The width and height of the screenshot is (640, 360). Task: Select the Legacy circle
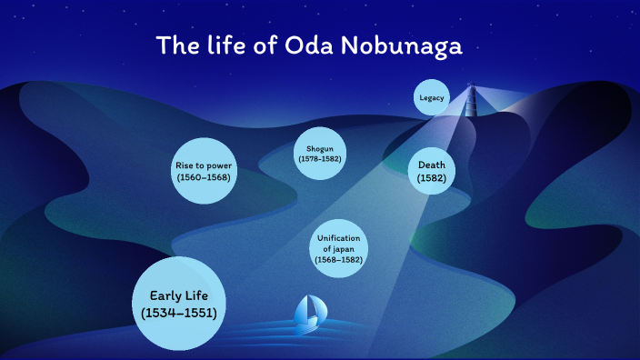(432, 97)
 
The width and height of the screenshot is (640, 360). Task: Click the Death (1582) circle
(431, 172)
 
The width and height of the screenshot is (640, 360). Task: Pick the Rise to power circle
(204, 171)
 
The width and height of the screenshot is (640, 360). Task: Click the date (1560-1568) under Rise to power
(204, 177)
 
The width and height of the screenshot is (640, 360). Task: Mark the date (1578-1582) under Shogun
(319, 159)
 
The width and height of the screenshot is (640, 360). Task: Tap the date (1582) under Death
(431, 179)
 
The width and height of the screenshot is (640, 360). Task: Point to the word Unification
(339, 238)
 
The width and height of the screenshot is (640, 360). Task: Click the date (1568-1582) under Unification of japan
(339, 260)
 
